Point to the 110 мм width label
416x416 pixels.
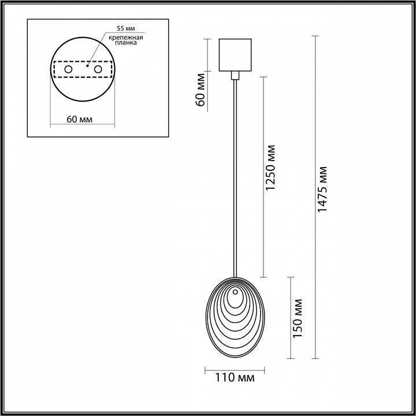coord(234,378)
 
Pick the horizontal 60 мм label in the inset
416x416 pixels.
coord(80,119)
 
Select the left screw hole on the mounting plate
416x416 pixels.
coord(68,69)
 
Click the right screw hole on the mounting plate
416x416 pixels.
coord(98,69)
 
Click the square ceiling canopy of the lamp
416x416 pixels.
coord(235,54)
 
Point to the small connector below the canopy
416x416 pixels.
coord(235,75)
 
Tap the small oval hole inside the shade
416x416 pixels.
coord(235,299)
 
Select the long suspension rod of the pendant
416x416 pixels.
coord(235,173)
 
